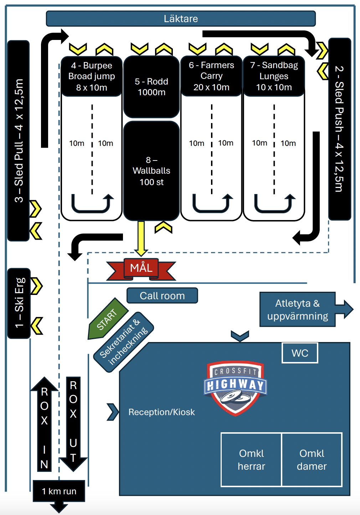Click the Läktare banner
click(181, 19)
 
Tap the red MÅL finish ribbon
click(141, 269)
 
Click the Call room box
click(162, 296)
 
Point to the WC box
click(300, 353)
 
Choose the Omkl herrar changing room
click(251, 460)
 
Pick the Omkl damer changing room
click(312, 460)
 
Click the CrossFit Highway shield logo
click(235, 388)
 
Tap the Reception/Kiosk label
click(161, 412)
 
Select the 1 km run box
click(59, 491)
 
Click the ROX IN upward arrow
click(44, 424)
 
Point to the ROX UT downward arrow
click(73, 424)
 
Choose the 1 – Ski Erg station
click(19, 303)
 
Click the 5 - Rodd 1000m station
click(151, 87)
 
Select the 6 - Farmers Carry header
click(211, 76)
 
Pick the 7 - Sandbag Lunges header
click(274, 76)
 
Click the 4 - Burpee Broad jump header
click(92, 76)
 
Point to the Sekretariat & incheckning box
click(124, 342)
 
